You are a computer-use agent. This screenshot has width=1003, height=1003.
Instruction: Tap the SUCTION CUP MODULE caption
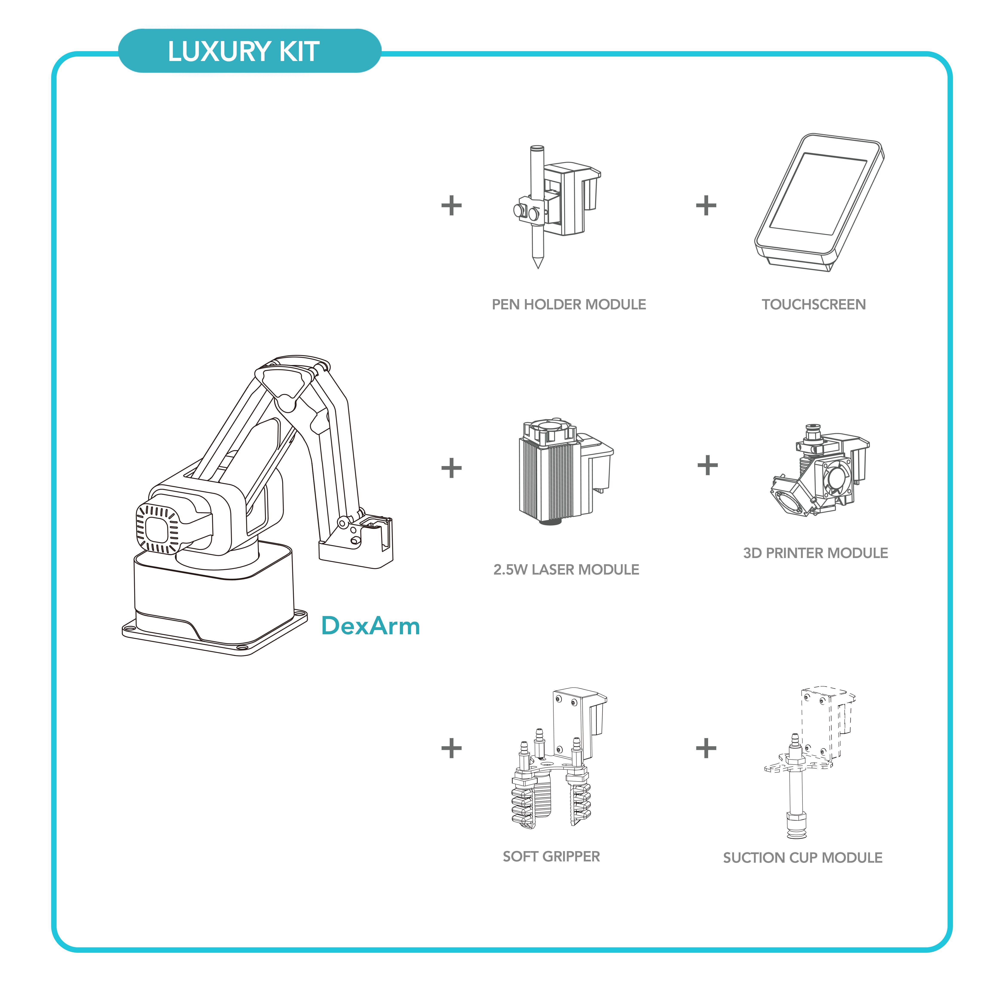coord(803,858)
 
